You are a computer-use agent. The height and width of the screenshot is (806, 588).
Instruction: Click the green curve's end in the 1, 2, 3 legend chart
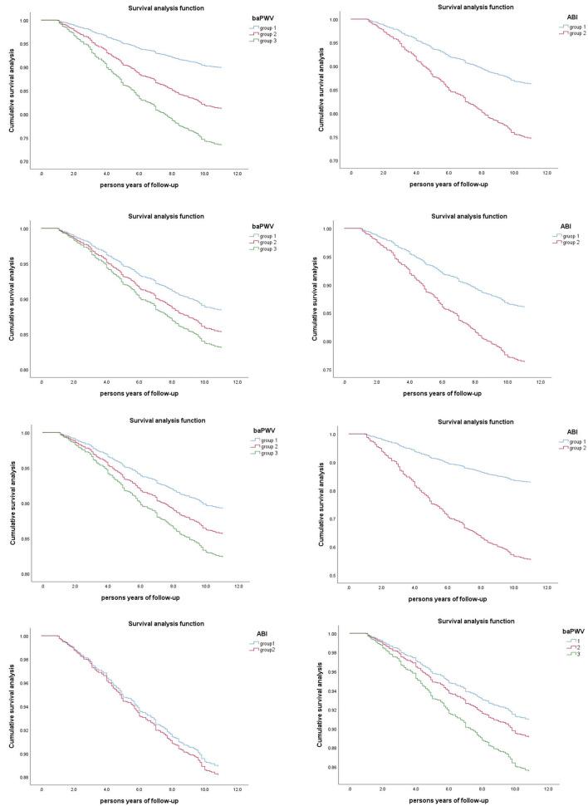(528, 770)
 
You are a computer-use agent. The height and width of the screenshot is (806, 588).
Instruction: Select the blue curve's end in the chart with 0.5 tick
(530, 482)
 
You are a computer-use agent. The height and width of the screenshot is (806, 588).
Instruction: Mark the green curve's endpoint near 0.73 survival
(222, 145)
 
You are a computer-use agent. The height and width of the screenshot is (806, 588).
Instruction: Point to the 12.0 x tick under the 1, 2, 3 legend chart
(548, 785)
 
